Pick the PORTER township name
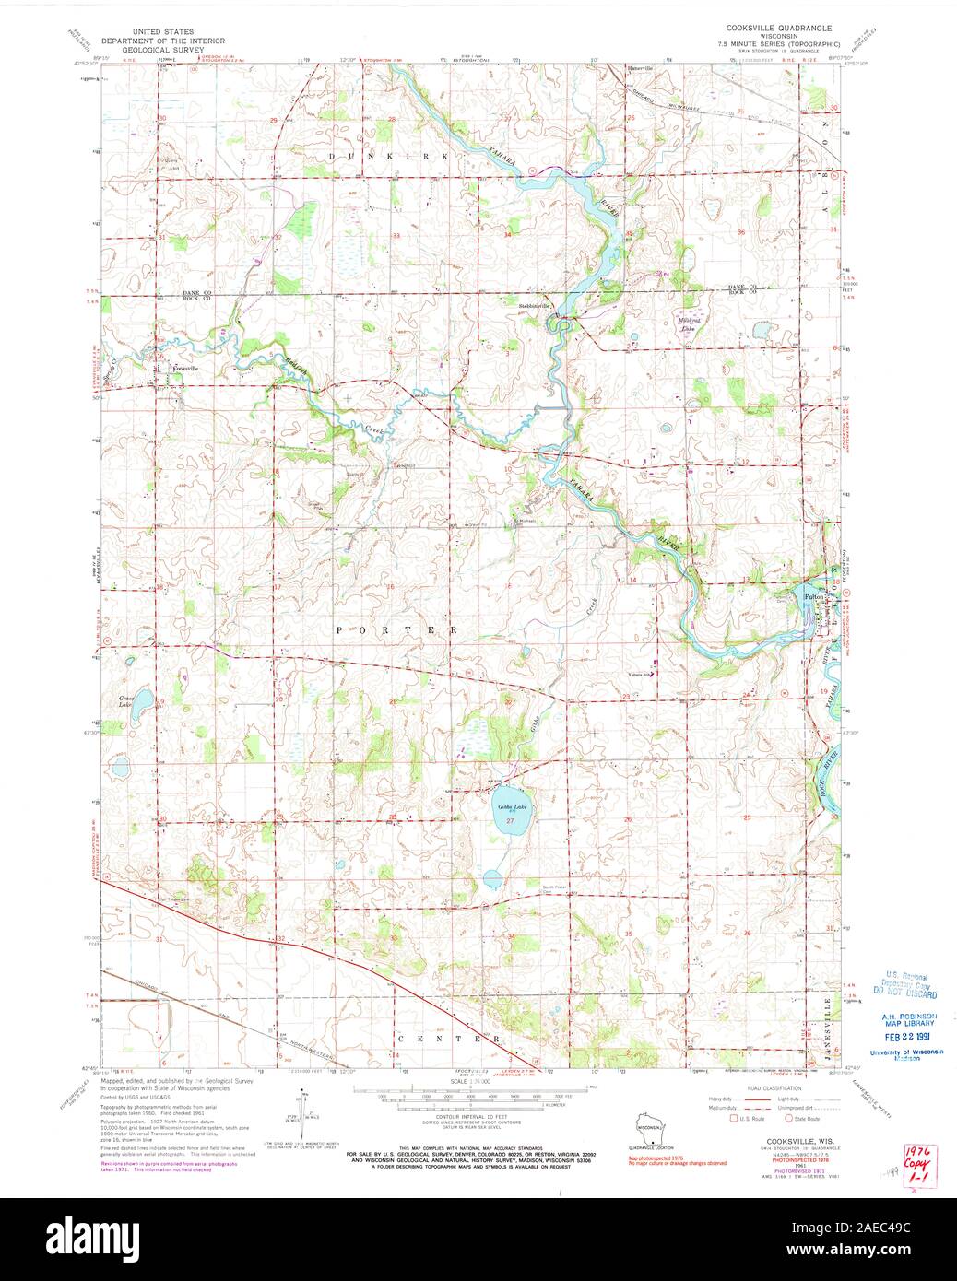397,629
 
